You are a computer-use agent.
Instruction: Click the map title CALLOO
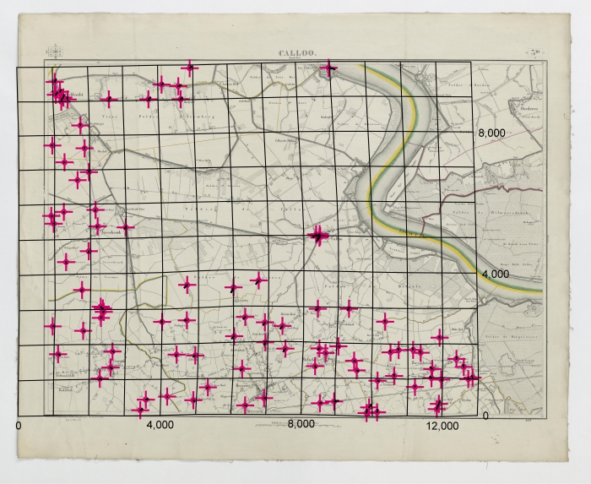pos(297,54)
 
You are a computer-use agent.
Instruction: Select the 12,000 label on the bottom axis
pos(443,425)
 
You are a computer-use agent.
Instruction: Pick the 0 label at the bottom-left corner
pos(19,425)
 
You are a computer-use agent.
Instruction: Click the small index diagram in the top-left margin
pos(56,53)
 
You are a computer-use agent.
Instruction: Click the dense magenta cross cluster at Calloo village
pos(318,237)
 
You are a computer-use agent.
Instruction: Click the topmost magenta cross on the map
pos(190,68)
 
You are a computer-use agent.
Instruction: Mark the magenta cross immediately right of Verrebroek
pos(125,226)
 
